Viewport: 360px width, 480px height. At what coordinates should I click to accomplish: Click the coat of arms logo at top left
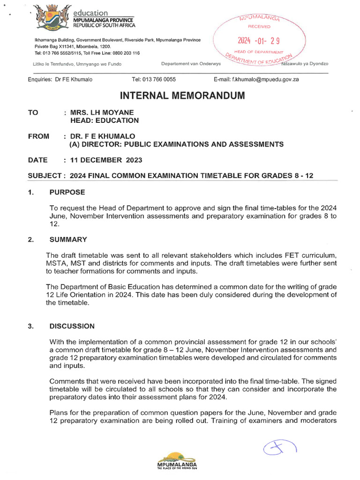(x=49, y=19)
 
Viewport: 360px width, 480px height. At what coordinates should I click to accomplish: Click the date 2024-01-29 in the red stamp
(x=259, y=41)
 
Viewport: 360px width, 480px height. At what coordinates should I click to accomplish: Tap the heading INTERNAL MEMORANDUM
(x=182, y=96)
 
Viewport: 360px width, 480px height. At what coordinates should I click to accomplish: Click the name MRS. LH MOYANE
(x=102, y=112)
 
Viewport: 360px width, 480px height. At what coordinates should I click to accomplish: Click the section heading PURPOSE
(x=67, y=192)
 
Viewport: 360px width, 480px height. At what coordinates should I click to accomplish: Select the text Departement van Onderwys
(x=187, y=64)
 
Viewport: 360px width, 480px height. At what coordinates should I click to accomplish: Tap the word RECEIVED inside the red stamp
(x=259, y=27)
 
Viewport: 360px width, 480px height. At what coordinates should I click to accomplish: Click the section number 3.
(x=30, y=326)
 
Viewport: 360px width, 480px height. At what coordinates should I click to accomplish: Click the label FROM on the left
(x=38, y=136)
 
